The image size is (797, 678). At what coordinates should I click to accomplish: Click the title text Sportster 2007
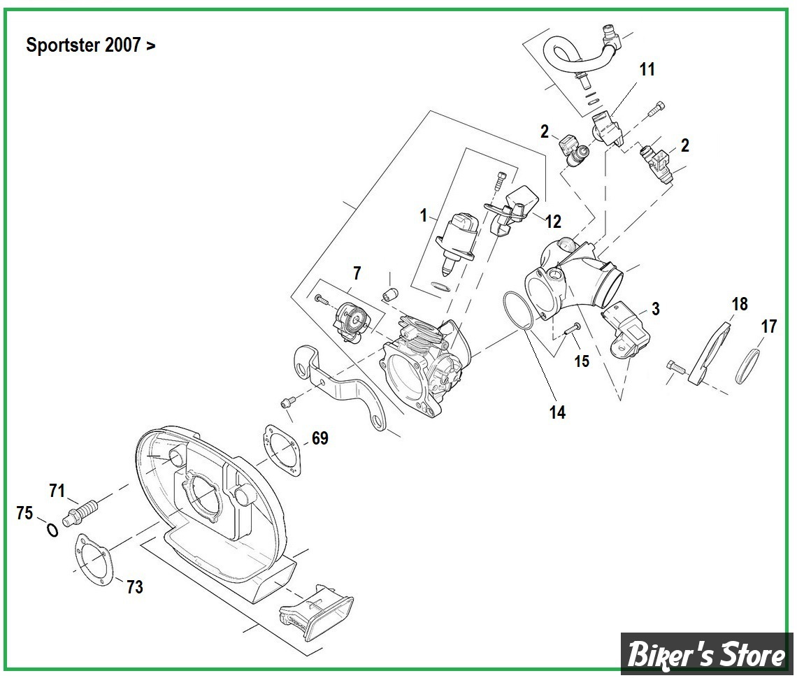(x=91, y=45)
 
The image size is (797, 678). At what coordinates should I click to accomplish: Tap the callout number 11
(x=647, y=69)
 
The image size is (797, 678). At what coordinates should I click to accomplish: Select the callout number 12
(x=553, y=222)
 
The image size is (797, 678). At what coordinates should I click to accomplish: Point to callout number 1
(x=423, y=215)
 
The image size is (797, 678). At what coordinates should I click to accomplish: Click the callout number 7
(x=357, y=273)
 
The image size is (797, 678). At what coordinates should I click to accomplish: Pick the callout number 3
(x=655, y=309)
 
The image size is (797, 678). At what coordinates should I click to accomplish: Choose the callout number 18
(x=740, y=304)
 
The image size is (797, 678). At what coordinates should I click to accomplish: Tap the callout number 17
(x=769, y=326)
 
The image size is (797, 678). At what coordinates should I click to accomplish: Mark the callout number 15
(x=582, y=361)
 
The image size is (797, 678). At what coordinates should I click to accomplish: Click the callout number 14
(x=557, y=412)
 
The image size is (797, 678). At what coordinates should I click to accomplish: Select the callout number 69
(x=319, y=438)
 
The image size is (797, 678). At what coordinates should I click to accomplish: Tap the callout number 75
(x=24, y=513)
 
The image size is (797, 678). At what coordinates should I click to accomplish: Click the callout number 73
(x=134, y=587)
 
